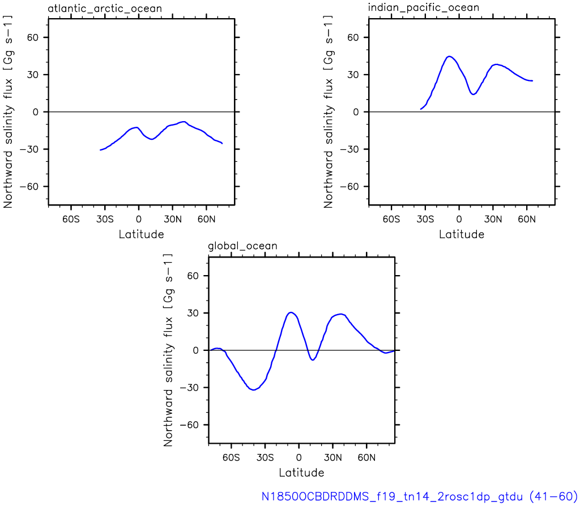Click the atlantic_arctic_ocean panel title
click(105, 8)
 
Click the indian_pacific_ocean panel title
click(424, 7)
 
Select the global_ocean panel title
click(242, 246)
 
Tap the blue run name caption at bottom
click(420, 496)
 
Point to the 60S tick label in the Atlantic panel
click(71, 219)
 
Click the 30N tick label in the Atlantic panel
click(173, 219)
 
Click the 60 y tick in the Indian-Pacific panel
click(353, 37)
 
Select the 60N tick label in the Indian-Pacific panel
click(527, 219)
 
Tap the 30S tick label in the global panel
click(265, 457)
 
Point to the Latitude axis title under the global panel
click(301, 473)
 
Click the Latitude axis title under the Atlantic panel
click(141, 234)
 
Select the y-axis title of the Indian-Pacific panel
click(328, 112)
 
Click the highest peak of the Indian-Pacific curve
click(449, 57)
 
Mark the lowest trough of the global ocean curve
click(253, 389)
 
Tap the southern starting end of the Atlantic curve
click(101, 149)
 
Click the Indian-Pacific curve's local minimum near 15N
click(473, 94)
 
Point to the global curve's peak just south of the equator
click(291, 312)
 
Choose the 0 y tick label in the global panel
click(195, 350)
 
